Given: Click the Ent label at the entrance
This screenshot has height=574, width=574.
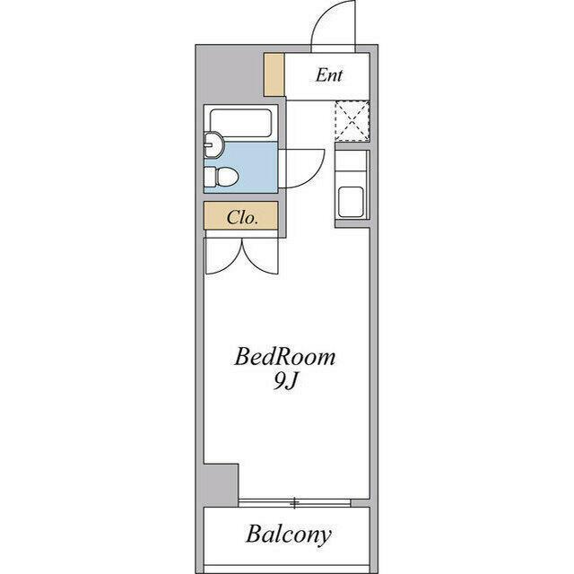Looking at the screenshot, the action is (329, 75).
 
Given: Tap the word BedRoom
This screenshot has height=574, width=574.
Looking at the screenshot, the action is (284, 357).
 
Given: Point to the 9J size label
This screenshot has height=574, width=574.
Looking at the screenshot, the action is (285, 382).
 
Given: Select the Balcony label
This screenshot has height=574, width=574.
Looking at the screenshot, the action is (289, 535).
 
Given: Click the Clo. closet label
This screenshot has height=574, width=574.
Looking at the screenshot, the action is (242, 217).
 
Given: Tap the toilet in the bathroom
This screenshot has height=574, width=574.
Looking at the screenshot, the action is (222, 177).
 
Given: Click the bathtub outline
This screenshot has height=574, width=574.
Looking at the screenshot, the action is (240, 124).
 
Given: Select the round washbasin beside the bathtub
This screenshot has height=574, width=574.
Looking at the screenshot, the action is (213, 145).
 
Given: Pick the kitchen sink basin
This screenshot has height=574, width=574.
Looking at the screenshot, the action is (351, 203).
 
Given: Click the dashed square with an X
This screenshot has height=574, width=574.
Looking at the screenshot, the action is (352, 121).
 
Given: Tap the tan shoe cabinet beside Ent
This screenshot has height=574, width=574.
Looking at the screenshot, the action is (274, 74).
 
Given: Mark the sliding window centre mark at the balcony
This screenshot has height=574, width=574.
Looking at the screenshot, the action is (295, 503).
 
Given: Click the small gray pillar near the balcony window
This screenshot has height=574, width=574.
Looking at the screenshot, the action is (221, 485).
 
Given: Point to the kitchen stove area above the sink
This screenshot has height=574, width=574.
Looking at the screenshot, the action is (352, 164).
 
